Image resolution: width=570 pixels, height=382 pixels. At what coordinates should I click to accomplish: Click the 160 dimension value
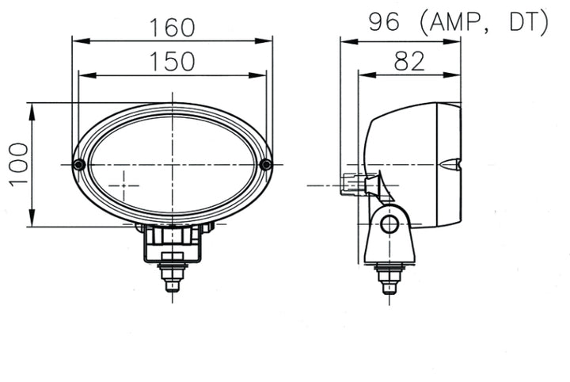(172, 27)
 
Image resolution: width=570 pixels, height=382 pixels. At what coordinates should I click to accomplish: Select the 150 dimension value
(172, 62)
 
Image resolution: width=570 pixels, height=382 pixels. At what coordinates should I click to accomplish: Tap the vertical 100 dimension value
(19, 164)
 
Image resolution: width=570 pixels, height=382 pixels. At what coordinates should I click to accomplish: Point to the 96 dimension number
(383, 23)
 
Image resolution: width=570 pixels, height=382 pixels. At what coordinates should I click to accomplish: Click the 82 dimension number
(408, 62)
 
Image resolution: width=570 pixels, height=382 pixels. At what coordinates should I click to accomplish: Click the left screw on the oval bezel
(78, 164)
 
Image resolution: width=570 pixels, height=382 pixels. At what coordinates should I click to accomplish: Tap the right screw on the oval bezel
(266, 164)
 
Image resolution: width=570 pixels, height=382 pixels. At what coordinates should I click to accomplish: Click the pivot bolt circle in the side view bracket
(389, 223)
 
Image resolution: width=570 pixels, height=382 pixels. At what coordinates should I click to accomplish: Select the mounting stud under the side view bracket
(389, 279)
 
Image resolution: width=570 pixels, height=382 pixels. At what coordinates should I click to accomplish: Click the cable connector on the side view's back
(353, 185)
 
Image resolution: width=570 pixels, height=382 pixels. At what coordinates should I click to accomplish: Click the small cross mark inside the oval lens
(123, 185)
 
